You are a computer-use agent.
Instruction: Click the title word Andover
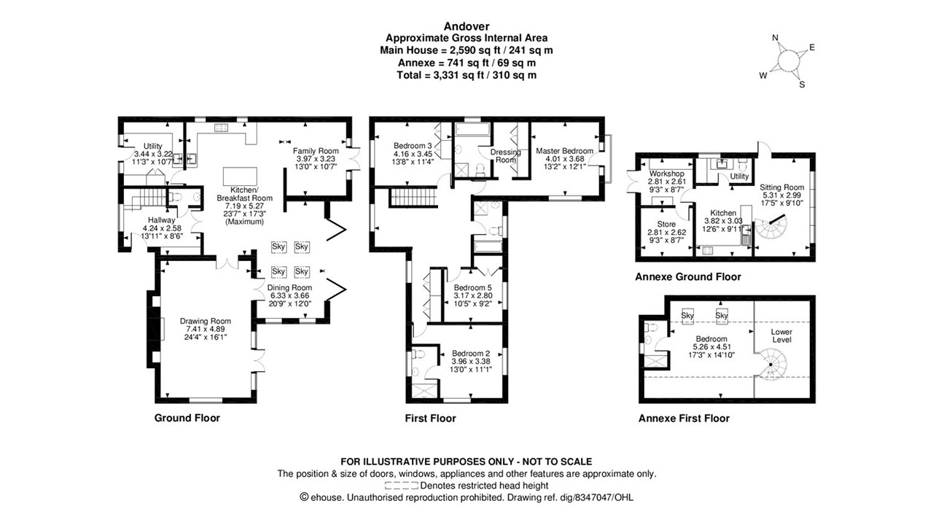click(466, 26)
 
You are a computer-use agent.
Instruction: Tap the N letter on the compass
click(776, 39)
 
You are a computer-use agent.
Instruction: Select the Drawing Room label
click(206, 321)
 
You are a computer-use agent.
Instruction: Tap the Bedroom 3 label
click(413, 144)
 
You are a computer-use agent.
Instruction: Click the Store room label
click(666, 225)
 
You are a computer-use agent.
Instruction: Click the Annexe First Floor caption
click(683, 419)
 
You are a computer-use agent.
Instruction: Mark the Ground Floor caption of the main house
click(187, 418)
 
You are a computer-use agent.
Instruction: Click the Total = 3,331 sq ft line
click(466, 75)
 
